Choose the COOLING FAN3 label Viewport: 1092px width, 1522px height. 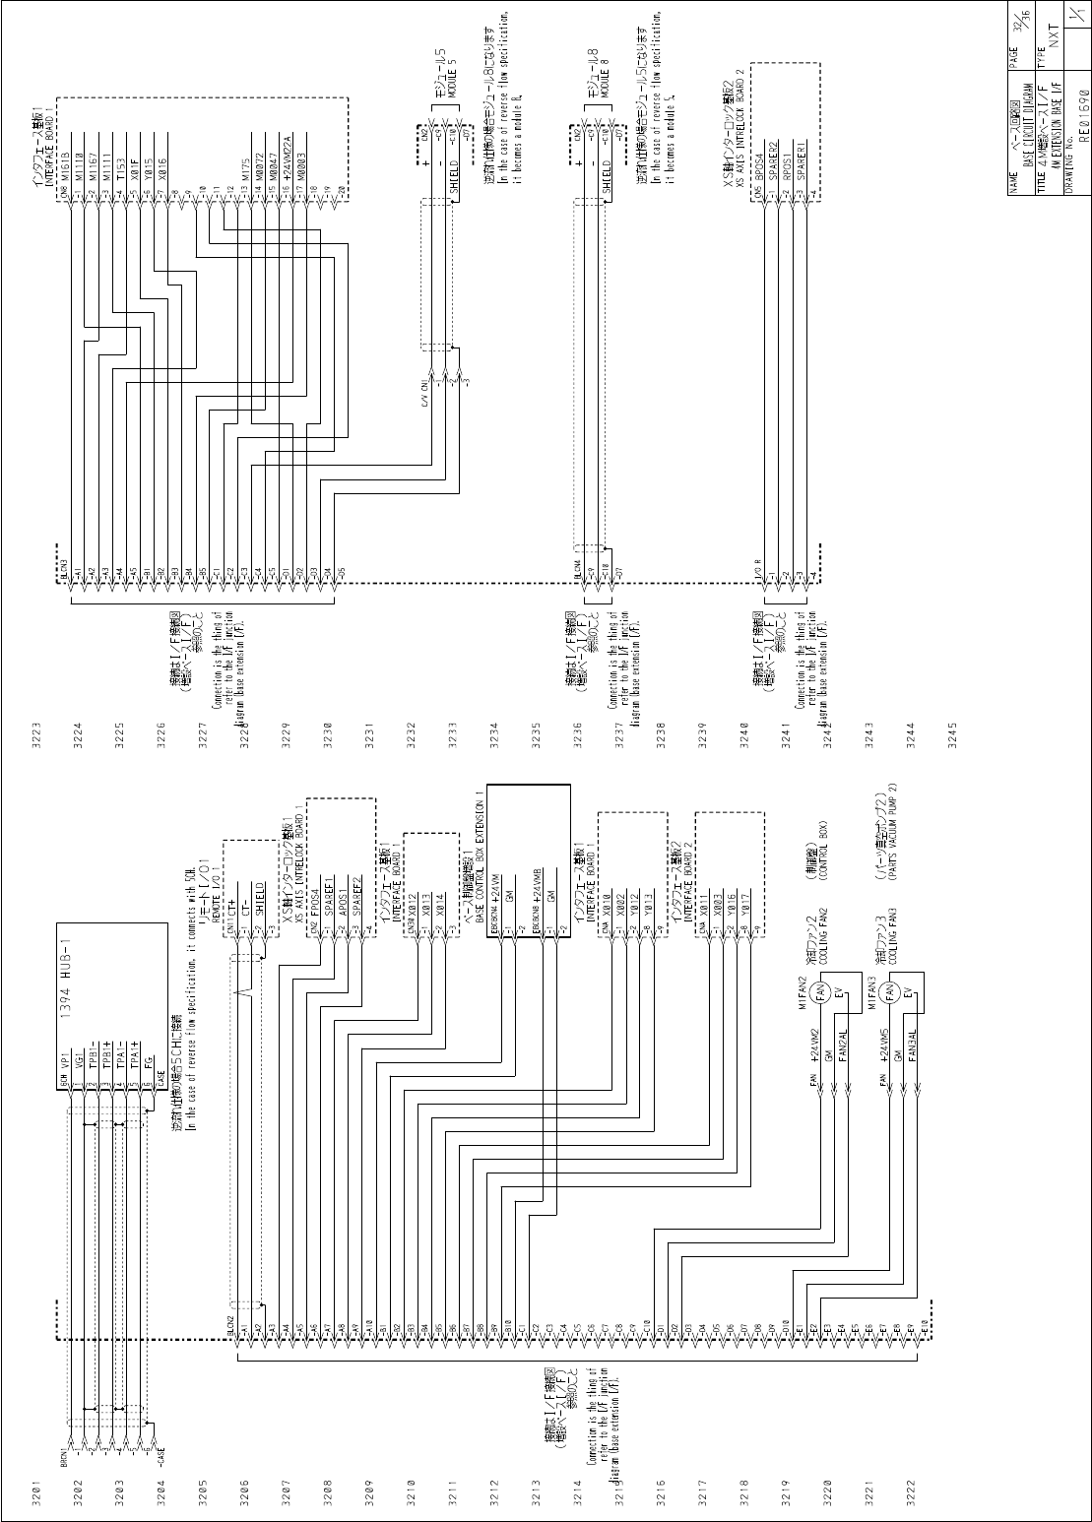click(889, 932)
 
